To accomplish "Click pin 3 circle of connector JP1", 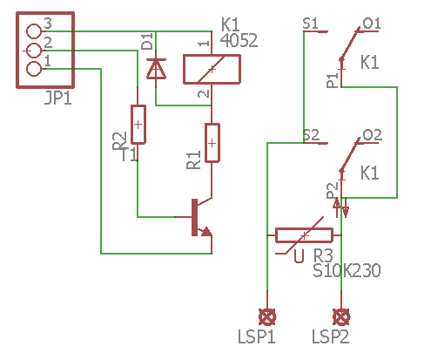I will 35,32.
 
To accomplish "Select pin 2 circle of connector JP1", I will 35,51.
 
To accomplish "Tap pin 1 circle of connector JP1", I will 35,69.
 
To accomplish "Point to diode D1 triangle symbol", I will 156,69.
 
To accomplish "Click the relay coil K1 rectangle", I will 212,69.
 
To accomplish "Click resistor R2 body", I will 138,124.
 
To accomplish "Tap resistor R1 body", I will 212,142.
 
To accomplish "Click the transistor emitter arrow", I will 205,231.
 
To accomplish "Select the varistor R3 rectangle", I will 304,235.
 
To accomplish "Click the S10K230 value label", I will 347,271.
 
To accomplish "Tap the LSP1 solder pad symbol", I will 267,316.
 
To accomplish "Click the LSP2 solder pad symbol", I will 341,316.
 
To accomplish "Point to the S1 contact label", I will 310,23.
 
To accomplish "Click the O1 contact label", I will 372,23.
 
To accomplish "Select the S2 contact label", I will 310,135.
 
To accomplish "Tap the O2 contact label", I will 372,135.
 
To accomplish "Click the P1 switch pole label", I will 332,80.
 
